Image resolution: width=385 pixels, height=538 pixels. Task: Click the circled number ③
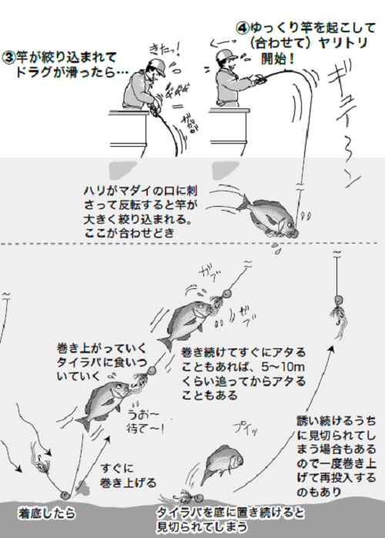tap(10, 57)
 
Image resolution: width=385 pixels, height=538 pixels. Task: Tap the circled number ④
tap(243, 25)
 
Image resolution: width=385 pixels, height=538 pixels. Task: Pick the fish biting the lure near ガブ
tap(184, 323)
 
